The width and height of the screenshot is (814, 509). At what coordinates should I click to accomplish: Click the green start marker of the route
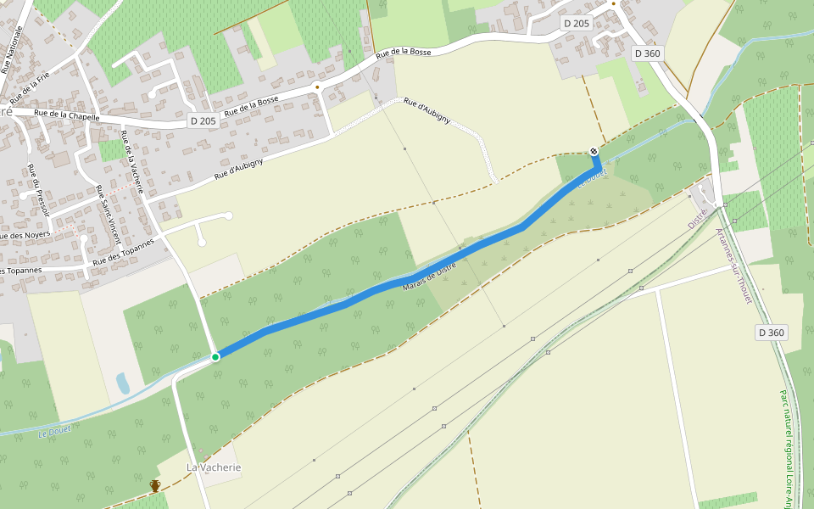click(x=215, y=357)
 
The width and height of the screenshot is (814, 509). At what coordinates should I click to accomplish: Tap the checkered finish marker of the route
click(x=594, y=151)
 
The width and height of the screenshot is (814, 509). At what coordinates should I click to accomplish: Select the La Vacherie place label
click(x=214, y=467)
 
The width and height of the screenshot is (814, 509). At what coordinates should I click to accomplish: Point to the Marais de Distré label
click(x=429, y=277)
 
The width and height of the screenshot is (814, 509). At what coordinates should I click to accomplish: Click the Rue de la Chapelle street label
click(x=67, y=115)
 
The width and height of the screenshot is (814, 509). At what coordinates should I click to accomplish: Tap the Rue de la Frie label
click(x=31, y=86)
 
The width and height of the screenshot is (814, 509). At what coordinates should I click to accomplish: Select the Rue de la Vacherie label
click(x=131, y=162)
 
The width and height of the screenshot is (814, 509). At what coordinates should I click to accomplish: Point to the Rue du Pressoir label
click(x=39, y=192)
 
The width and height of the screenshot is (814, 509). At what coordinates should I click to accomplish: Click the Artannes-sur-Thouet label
click(x=733, y=272)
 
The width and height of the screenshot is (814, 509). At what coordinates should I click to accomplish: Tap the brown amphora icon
click(x=155, y=485)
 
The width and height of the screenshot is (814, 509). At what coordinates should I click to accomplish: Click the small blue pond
click(x=123, y=383)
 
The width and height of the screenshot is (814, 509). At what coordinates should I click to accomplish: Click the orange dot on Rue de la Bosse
click(x=317, y=86)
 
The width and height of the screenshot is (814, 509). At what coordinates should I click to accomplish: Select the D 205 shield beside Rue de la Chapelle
click(x=203, y=121)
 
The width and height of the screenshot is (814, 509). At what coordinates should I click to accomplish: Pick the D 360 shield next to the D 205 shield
click(x=647, y=53)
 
